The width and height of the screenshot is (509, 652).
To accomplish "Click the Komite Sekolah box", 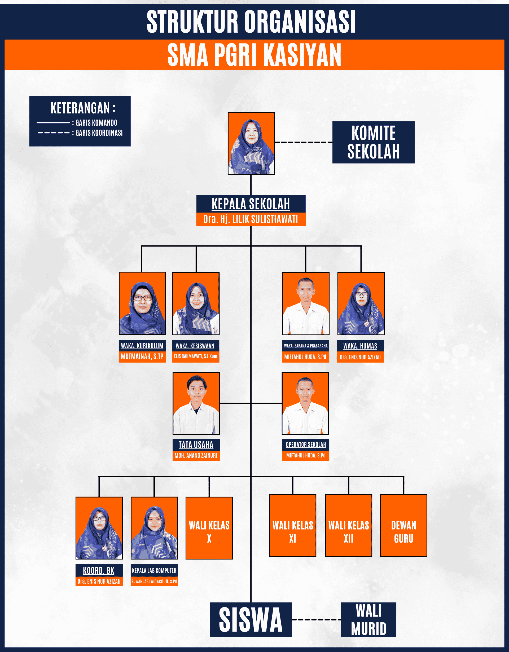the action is click(373, 142).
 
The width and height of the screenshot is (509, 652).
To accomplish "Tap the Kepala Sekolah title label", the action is click(251, 204).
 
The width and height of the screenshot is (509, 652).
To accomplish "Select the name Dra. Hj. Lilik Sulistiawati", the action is click(251, 219).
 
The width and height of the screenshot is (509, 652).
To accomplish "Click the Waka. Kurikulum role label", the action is click(142, 346).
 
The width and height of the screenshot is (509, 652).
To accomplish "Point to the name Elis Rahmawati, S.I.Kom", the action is click(196, 356).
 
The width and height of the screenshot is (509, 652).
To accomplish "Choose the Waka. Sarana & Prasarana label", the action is click(306, 346).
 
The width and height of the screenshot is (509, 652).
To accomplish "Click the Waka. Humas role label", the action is click(360, 346).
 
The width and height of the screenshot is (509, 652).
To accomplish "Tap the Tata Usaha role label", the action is click(196, 444).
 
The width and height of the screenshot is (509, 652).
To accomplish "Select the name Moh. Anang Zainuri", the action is click(196, 455).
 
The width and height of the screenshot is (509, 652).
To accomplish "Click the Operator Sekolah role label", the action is click(306, 444).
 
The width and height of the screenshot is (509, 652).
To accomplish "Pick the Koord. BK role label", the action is click(99, 570).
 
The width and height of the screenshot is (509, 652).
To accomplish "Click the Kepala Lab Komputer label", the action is click(154, 570).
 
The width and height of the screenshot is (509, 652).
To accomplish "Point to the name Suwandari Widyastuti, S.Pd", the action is click(154, 581).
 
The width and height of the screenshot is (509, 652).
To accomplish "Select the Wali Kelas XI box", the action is click(293, 525).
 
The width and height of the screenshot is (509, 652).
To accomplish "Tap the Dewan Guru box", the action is click(403, 525).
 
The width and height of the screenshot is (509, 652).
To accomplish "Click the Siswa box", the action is click(251, 620).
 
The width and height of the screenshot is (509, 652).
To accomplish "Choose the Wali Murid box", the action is click(369, 620).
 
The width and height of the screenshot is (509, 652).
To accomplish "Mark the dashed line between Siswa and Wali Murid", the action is click(317, 620).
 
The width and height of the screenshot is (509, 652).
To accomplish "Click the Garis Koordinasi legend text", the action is click(99, 133).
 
